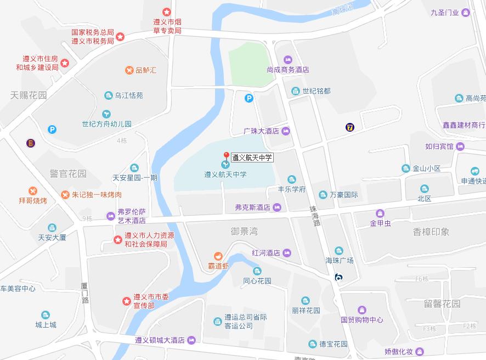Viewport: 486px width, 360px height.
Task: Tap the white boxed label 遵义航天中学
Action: [x=252, y=157]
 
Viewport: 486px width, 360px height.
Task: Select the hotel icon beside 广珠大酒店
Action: [x=285, y=131]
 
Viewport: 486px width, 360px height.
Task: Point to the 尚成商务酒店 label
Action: [x=288, y=70]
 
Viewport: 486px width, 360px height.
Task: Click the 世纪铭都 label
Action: [x=317, y=91]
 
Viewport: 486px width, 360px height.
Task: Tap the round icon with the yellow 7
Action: [x=349, y=127]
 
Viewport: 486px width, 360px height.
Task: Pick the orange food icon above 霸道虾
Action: [x=218, y=256]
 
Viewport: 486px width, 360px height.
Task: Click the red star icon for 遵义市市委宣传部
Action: [x=126, y=301]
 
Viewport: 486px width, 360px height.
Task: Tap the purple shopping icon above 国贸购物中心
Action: [x=361, y=310]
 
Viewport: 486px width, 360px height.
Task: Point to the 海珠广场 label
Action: [x=340, y=260]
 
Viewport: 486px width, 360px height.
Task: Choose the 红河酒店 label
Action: [x=265, y=253]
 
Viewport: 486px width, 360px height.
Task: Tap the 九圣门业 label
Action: [x=445, y=13]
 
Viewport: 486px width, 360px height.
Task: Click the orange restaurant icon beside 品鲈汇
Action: [x=129, y=70]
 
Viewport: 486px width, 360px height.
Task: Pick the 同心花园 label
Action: [x=257, y=281]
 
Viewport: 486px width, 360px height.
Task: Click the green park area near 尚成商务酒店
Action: [x=250, y=68]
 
